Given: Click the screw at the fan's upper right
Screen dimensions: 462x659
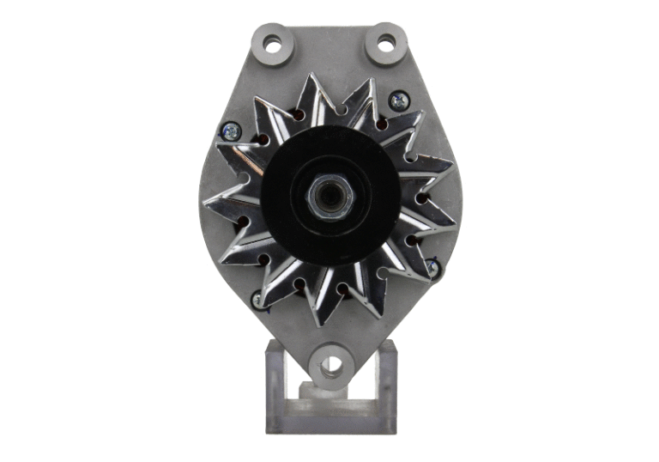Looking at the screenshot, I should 398,100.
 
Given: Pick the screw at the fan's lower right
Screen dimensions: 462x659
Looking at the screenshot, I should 432,269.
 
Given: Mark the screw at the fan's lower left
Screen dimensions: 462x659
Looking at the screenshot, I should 257,300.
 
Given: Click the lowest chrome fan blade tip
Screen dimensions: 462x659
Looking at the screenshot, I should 320,325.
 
